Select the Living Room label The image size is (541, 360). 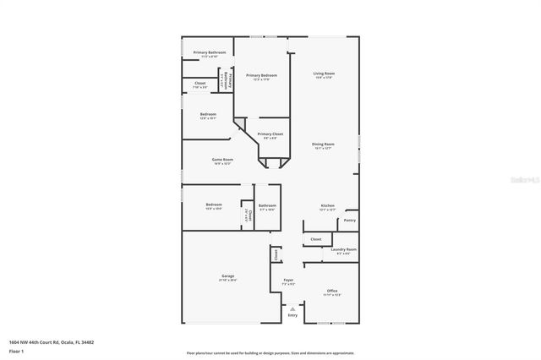(x=323, y=74)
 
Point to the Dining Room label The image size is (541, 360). (x=323, y=145)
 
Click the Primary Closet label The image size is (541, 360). (x=270, y=134)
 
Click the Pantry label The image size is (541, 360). (x=350, y=221)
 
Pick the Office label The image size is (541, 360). (x=332, y=292)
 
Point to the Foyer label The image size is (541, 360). (x=288, y=281)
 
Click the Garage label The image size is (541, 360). (x=228, y=276)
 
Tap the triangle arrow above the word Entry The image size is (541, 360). (x=292, y=309)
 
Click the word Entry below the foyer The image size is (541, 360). (x=292, y=316)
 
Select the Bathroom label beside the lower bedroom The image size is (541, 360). (x=268, y=205)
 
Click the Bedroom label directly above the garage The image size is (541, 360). (x=214, y=205)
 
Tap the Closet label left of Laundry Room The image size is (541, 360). (x=316, y=240)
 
